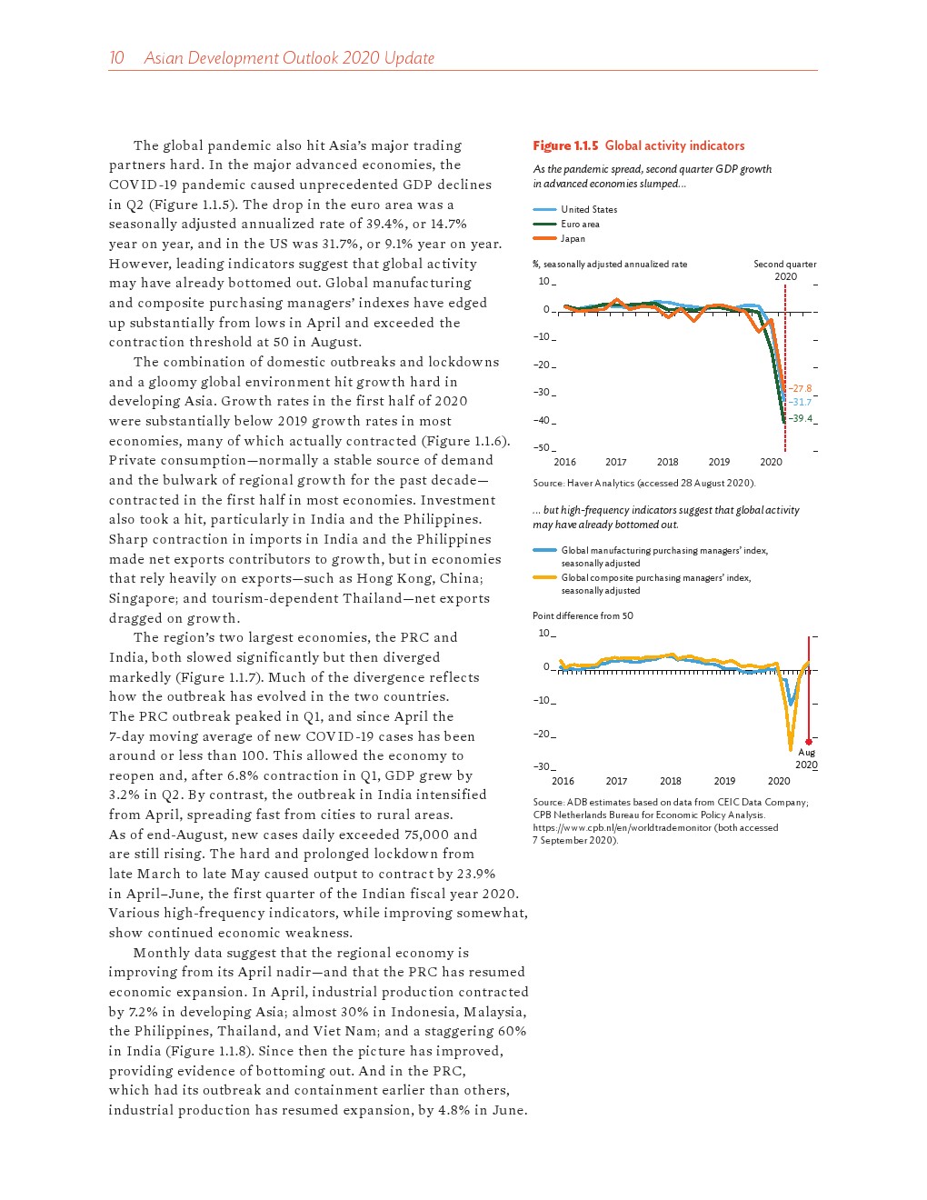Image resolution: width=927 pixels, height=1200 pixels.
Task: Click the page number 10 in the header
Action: (116, 58)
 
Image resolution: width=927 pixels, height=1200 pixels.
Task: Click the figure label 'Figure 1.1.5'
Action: (565, 145)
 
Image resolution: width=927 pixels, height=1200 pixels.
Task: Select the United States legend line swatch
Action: (544, 209)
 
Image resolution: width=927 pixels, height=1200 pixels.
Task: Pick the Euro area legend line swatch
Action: (544, 224)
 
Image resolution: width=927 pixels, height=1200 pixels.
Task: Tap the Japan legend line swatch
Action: (544, 238)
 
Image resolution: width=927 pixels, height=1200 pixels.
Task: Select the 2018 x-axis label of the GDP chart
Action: (667, 462)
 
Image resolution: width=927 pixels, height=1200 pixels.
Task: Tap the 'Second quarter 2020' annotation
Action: (784, 270)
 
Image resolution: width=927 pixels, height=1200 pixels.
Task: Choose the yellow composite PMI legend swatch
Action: (544, 577)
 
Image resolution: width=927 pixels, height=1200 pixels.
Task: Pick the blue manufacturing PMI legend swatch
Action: (544, 550)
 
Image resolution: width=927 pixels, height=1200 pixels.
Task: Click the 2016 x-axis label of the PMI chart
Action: (563, 781)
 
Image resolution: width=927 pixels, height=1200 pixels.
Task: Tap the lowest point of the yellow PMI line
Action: (791, 749)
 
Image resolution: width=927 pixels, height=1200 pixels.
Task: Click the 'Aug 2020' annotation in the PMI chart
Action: (806, 758)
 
